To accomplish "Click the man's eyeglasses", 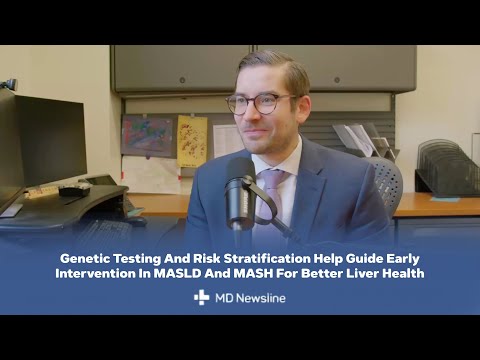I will (262, 102).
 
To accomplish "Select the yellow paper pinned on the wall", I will (192, 140).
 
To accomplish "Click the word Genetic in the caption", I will (86, 257).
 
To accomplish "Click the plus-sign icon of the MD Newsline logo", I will (202, 297).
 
